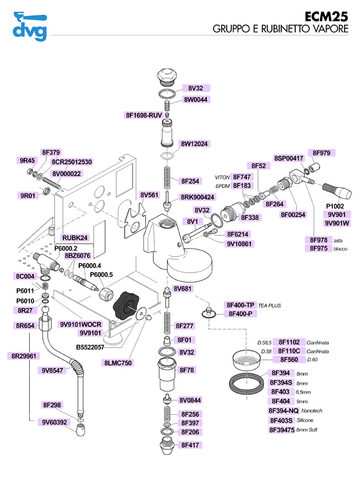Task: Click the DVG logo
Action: point(29,26)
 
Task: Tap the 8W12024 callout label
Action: point(194,143)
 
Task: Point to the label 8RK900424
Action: point(197,197)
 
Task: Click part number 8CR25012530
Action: point(71,162)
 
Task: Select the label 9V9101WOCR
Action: point(81,324)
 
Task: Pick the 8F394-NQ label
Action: point(283,411)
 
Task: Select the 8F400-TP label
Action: point(241,305)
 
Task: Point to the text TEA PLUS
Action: point(269,305)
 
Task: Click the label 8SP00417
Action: point(289,158)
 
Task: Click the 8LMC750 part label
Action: point(118,363)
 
